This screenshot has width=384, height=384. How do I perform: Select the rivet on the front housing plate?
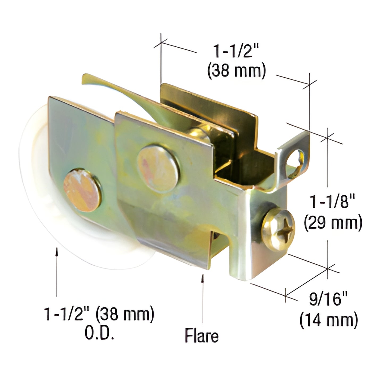click(158, 168)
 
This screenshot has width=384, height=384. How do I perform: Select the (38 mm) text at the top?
click(237, 71)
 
